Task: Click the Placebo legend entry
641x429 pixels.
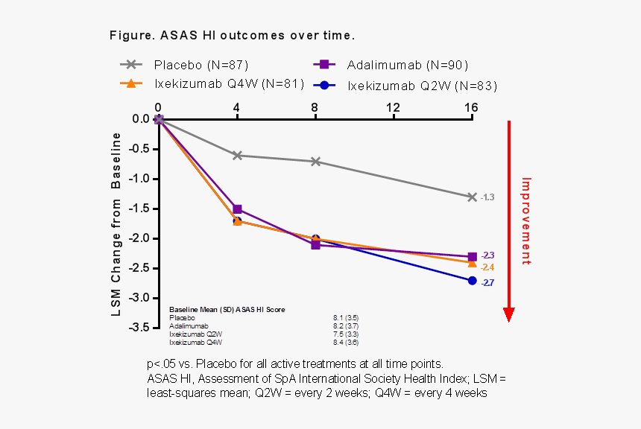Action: point(184,65)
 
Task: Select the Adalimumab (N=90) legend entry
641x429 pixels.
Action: point(391,65)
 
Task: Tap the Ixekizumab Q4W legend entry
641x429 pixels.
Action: point(212,83)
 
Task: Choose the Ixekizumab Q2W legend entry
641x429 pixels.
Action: point(405,86)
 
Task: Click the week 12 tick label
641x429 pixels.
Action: point(393,107)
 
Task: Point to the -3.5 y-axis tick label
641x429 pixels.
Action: point(139,328)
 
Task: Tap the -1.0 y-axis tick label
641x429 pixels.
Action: point(139,179)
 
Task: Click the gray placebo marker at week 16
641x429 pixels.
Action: point(472,197)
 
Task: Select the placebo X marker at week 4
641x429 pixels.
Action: point(237,155)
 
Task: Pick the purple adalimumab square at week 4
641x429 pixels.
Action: point(237,209)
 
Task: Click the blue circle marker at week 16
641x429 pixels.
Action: point(472,281)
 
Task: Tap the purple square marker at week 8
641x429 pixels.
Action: point(315,245)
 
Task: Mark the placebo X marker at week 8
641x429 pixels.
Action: point(315,162)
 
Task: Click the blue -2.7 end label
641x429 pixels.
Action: point(487,283)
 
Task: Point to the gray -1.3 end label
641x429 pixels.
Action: point(487,197)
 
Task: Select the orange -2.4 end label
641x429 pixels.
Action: point(487,267)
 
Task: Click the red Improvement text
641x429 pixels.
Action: point(526,221)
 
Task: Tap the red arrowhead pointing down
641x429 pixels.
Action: point(509,314)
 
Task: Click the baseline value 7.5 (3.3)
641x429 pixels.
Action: point(346,334)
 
